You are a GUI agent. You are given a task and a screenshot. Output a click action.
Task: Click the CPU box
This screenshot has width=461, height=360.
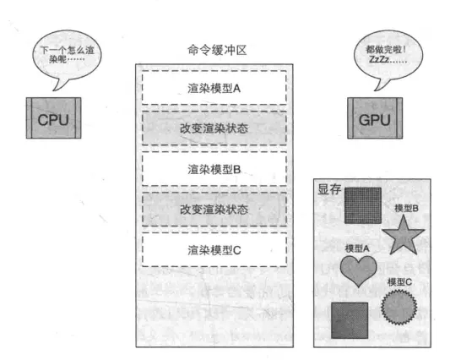pyautogui.click(x=53, y=118)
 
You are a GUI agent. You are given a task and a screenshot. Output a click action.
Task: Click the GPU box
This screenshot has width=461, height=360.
pyautogui.click(x=375, y=118)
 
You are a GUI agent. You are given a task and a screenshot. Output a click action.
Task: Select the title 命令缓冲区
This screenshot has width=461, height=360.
pyautogui.click(x=217, y=50)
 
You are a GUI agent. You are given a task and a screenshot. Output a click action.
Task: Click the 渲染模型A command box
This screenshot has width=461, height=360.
pyautogui.click(x=214, y=88)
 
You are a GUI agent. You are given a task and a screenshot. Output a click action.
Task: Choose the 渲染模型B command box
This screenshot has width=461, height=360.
pyautogui.click(x=214, y=169)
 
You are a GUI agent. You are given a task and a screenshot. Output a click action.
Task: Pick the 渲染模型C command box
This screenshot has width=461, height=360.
pyautogui.click(x=214, y=250)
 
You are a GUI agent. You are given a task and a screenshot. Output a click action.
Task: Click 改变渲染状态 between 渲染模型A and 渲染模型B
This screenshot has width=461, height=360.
pyautogui.click(x=214, y=128)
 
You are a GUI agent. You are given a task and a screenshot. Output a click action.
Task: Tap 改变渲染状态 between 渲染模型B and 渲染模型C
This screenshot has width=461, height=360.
pyautogui.click(x=214, y=210)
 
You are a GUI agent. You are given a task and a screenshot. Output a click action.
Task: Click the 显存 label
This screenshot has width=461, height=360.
pyautogui.click(x=329, y=189)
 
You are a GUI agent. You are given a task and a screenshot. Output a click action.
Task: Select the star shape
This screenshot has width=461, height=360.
pyautogui.click(x=404, y=236)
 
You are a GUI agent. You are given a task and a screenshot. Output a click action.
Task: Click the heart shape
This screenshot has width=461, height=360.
pyautogui.click(x=358, y=270)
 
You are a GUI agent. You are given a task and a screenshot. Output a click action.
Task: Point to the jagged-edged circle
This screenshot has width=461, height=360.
pyautogui.click(x=399, y=307)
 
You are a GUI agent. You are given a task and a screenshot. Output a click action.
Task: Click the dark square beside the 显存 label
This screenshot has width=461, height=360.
pyautogui.click(x=363, y=205)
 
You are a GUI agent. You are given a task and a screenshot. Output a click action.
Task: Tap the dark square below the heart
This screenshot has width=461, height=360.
pyautogui.click(x=350, y=320)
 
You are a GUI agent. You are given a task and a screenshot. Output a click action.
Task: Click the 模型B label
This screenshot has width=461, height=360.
pyautogui.click(x=406, y=209)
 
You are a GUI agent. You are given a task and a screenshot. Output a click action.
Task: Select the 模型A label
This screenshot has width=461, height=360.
pyautogui.click(x=357, y=248)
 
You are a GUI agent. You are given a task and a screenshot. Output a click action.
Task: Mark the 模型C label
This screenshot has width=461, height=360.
pyautogui.click(x=399, y=282)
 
